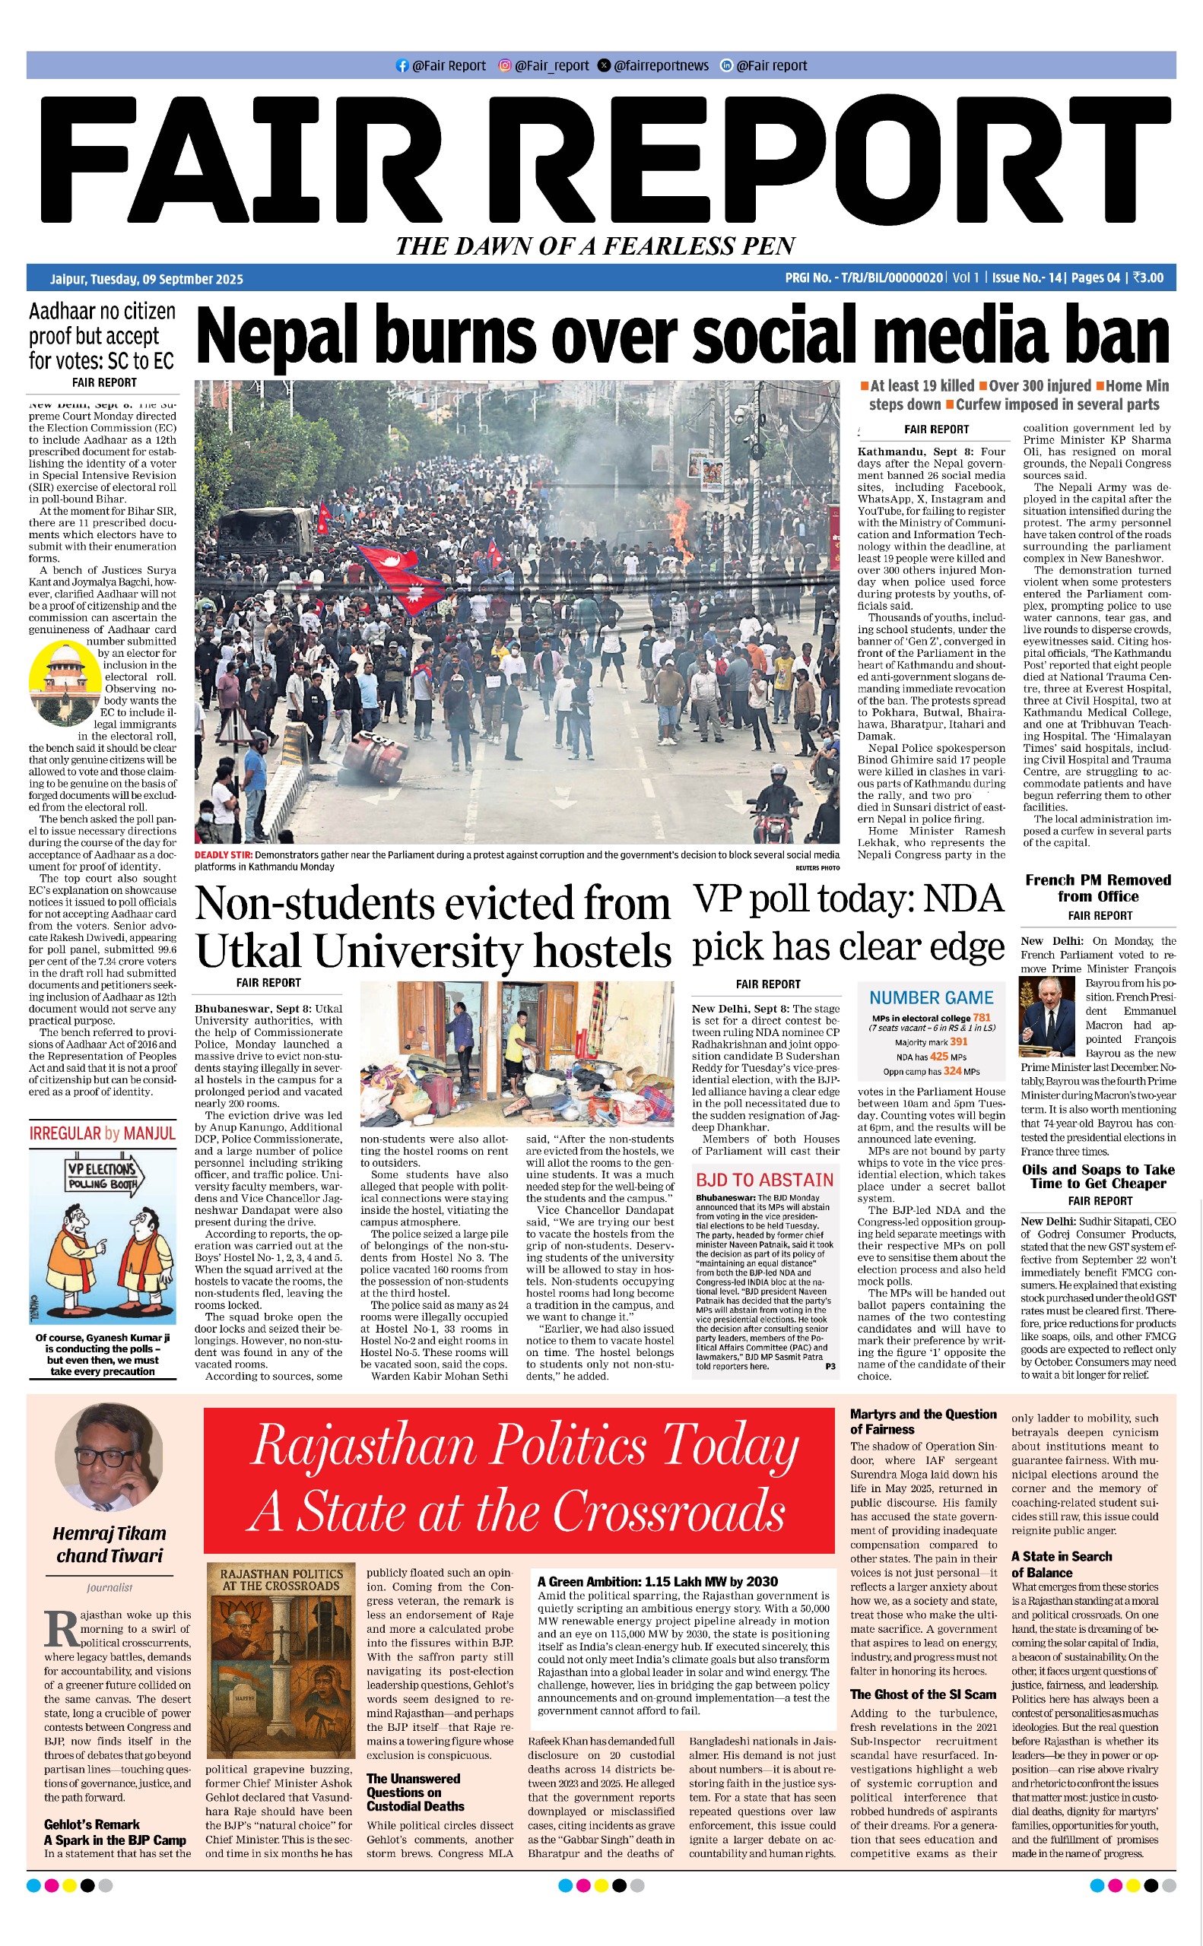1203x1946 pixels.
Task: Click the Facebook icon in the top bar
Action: point(402,66)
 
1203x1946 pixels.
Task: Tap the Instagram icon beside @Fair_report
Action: point(504,66)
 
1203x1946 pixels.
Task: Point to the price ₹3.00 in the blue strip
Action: point(1148,278)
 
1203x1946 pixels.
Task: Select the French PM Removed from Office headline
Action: point(1097,889)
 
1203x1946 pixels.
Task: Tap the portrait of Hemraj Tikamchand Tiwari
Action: point(109,1458)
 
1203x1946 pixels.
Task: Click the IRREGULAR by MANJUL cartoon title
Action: point(102,1133)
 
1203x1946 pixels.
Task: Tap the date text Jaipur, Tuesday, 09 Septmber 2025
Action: point(147,279)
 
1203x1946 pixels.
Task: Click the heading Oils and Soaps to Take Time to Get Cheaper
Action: point(1097,1176)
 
